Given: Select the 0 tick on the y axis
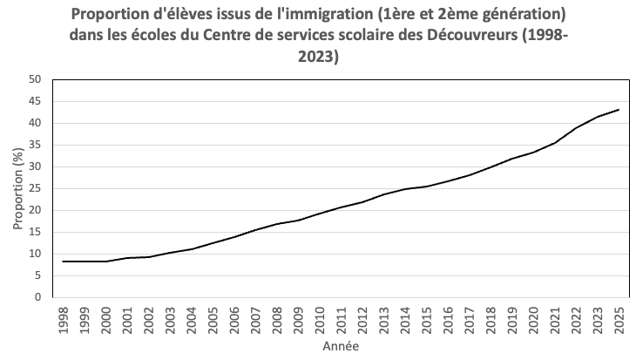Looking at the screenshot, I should pos(38,297).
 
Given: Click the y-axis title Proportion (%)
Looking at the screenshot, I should pos(17,188).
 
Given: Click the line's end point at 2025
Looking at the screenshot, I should pos(619,110).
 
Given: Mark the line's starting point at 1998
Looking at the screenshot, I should pos(64,262).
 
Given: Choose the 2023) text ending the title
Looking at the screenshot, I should pos(319,58).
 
